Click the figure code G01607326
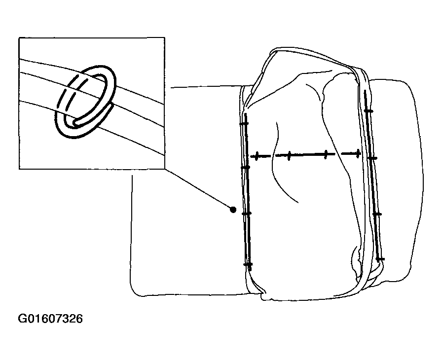50,319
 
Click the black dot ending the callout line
233,210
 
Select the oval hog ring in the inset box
85,102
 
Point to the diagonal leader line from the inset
199,189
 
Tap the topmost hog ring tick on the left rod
244,124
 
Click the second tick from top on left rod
246,168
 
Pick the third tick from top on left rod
247,214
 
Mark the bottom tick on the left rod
248,264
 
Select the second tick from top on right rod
372,159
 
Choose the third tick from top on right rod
377,215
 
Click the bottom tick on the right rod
380,259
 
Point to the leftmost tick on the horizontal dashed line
257,156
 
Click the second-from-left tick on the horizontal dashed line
289,155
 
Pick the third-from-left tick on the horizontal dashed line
326,154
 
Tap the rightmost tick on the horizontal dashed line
358,153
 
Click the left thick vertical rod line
248,191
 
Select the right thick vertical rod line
372,175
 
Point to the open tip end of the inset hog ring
74,122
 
